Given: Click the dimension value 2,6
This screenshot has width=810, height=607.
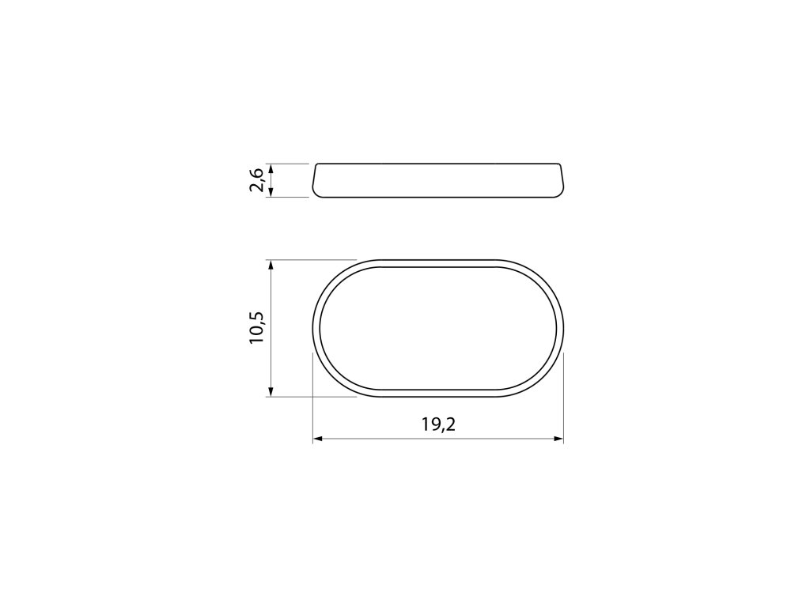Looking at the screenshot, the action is pos(257,180).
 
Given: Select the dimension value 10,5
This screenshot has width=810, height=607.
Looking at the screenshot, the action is pos(257,328).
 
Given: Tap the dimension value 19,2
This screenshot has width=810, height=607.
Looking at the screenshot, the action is pos(438,424).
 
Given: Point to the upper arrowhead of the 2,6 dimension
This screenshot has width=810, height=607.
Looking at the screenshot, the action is pos(271,168).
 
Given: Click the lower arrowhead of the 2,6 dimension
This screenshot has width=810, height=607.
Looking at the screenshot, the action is pos(271,193).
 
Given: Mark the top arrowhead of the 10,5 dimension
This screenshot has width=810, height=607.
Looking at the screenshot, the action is pos(270,265).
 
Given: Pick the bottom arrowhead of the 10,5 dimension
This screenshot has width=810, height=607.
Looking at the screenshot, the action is pos(270,392).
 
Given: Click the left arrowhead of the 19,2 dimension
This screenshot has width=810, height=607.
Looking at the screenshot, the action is pos(318,439).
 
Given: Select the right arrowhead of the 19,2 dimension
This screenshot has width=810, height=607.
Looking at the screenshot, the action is pos(558,439).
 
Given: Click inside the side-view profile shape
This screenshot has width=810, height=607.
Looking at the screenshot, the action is pos(437,180).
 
